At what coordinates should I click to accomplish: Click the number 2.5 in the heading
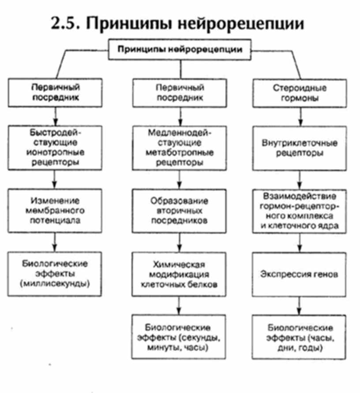pyautogui.click(x=65, y=23)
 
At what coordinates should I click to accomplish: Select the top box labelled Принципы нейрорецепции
pyautogui.click(x=180, y=49)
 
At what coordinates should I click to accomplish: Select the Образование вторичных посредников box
pyautogui.click(x=180, y=210)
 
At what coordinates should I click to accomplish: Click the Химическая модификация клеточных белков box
pyautogui.click(x=180, y=274)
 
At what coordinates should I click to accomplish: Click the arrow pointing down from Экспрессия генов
pyautogui.click(x=300, y=305)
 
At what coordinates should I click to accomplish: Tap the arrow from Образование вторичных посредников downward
pyautogui.click(x=180, y=241)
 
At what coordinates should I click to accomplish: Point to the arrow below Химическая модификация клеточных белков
pyautogui.click(x=180, y=305)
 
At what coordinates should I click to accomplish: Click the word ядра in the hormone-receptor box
pyautogui.click(x=329, y=226)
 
